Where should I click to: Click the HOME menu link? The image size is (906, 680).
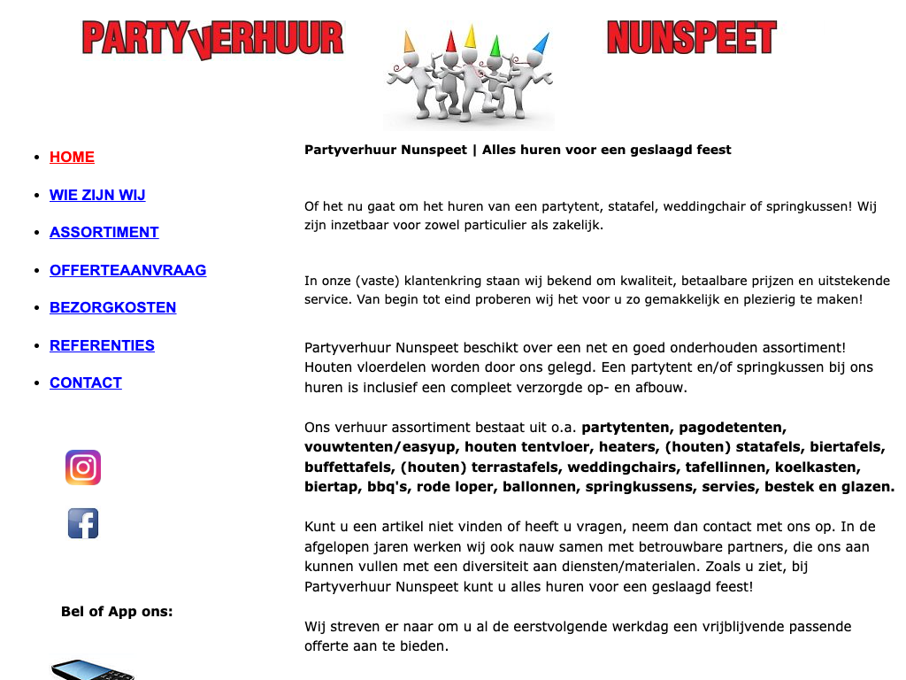(72, 158)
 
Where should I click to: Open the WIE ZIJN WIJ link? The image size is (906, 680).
(97, 195)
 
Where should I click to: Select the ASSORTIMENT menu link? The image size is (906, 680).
(104, 232)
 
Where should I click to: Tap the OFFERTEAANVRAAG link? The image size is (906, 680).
(127, 270)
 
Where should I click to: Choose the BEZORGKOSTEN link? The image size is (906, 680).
(112, 307)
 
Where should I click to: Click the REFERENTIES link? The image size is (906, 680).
(102, 345)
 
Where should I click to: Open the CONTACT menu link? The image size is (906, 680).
(86, 382)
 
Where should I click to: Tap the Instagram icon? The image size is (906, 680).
(83, 467)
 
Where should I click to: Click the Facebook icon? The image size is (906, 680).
(83, 523)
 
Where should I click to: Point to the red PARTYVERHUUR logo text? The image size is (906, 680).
(212, 39)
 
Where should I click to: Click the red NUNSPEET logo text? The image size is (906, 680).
(691, 38)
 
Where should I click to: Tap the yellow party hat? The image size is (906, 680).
(471, 36)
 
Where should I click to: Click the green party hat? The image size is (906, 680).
(495, 44)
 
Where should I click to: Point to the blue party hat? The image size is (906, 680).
(541, 42)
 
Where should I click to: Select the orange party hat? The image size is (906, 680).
(410, 41)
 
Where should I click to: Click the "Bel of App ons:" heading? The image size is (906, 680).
(117, 612)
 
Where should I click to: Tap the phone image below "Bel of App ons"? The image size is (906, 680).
(92, 669)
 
